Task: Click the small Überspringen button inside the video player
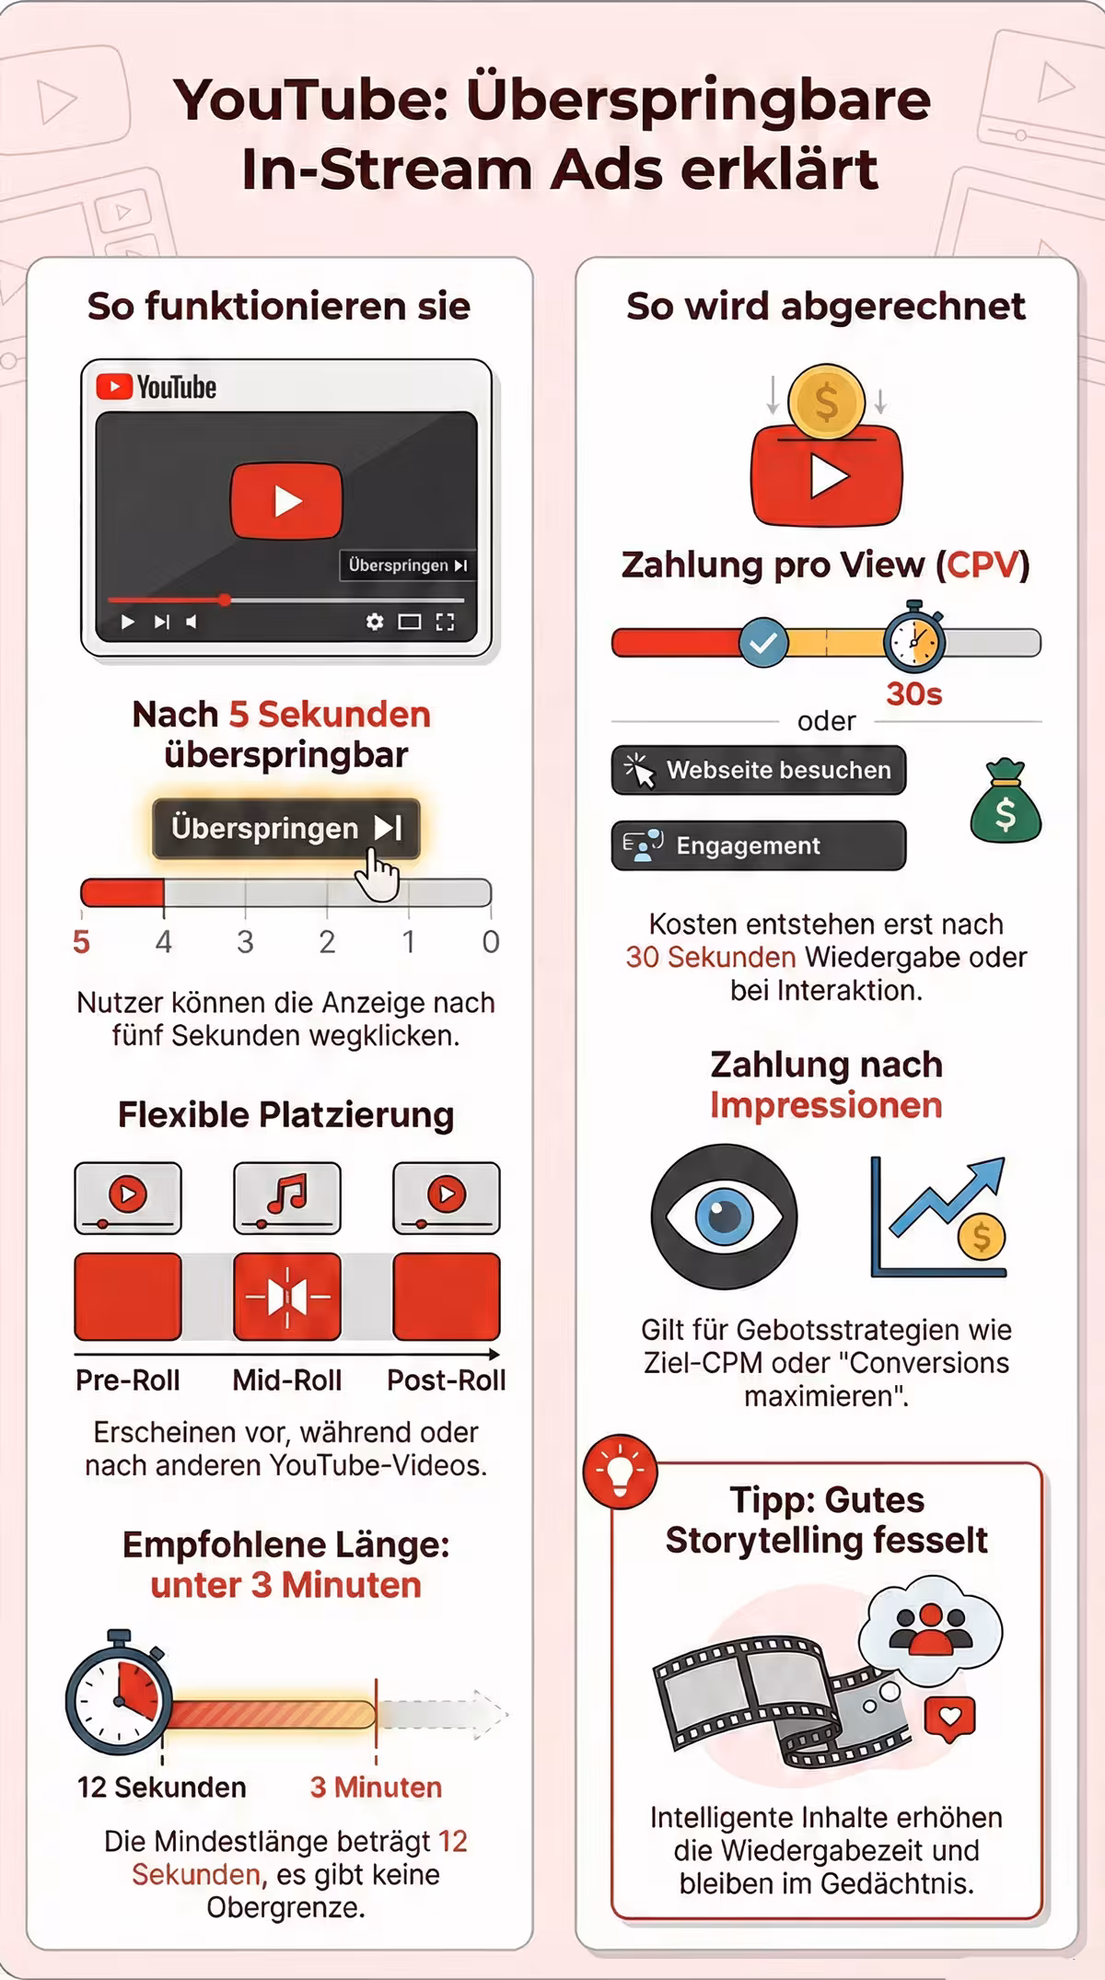click(408, 565)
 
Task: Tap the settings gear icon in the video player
click(375, 622)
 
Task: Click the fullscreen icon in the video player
click(446, 622)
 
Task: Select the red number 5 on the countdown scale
click(82, 942)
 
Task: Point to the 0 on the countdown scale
click(491, 942)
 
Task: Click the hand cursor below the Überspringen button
click(378, 875)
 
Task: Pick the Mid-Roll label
click(287, 1380)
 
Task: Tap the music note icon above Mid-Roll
click(287, 1195)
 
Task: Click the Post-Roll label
click(447, 1380)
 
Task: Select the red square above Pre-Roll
click(128, 1297)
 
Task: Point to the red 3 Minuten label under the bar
click(376, 1788)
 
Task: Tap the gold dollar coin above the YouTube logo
click(827, 402)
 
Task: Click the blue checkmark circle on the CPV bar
click(763, 643)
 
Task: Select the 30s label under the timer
click(914, 693)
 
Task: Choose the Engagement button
click(759, 845)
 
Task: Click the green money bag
click(1006, 800)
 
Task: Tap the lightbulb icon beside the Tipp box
click(621, 1471)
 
